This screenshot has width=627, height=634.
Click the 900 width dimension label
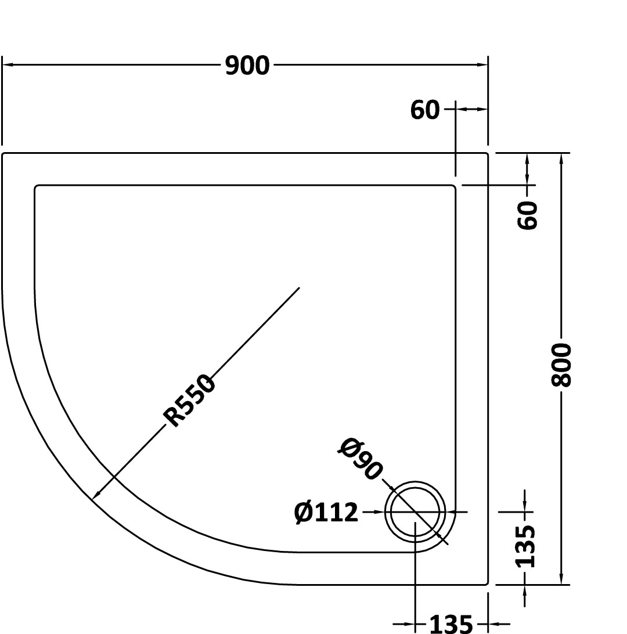[x=247, y=66]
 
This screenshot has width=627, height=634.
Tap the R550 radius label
[x=188, y=401]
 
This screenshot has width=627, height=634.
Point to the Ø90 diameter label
[x=360, y=459]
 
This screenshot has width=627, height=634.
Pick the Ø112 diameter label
[x=326, y=512]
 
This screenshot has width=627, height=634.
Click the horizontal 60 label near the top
[x=424, y=110]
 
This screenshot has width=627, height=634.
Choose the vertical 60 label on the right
[x=528, y=215]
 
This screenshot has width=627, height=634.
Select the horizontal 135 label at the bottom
[x=451, y=624]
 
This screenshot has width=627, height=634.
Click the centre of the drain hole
[x=415, y=512]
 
